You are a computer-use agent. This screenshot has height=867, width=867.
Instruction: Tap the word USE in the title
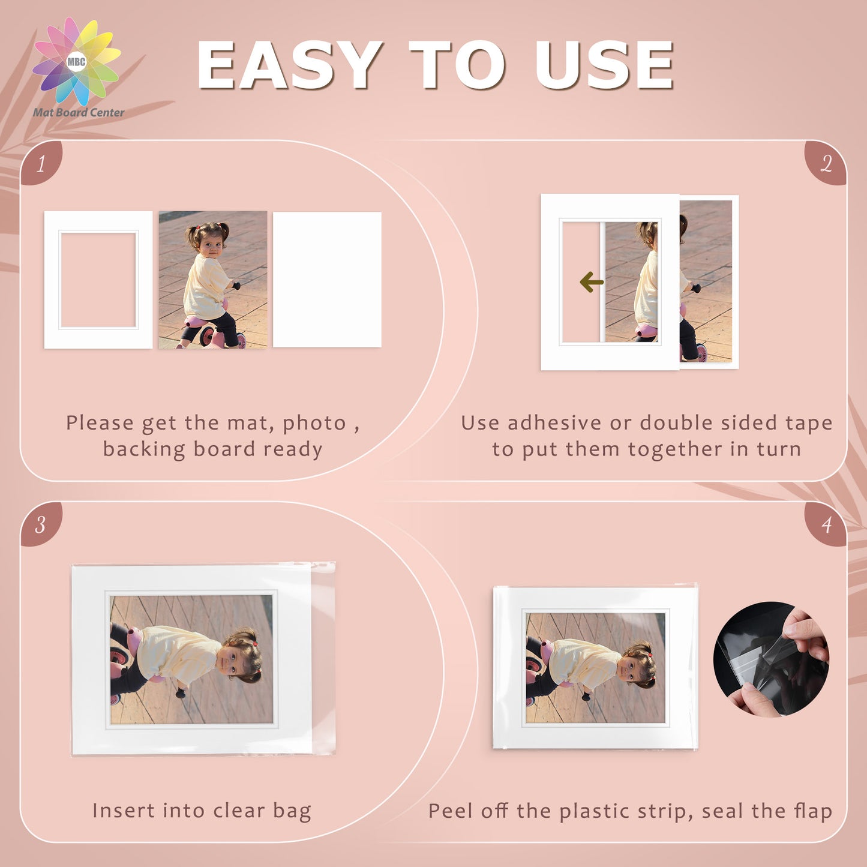(604, 65)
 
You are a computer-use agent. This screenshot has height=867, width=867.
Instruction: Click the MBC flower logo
(76, 62)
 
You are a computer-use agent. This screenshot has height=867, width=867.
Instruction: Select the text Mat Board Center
(78, 112)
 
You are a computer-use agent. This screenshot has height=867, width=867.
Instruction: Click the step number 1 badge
(41, 163)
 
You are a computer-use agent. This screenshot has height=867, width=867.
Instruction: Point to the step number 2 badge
(826, 163)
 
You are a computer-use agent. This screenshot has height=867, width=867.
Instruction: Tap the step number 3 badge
(41, 524)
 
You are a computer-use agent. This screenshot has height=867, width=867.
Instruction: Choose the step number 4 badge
(826, 524)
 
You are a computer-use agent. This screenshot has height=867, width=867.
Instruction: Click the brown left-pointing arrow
(591, 282)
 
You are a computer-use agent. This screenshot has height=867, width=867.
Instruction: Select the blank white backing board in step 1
(327, 280)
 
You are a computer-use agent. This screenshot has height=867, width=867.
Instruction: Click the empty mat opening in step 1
(98, 280)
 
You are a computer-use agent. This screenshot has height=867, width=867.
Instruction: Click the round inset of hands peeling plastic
(771, 659)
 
